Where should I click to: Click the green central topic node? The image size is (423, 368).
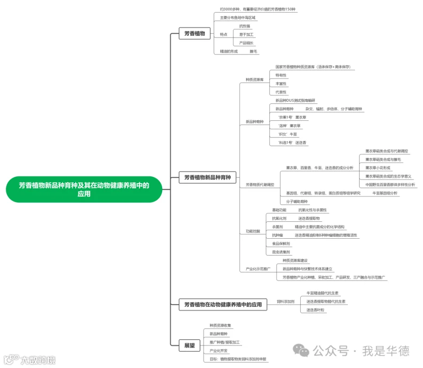point(84,189)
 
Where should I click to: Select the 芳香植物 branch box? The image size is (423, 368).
point(194,34)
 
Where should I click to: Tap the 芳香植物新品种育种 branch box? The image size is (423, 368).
point(207,178)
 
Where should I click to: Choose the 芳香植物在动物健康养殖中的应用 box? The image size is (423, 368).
point(223,305)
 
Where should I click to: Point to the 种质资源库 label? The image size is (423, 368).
point(254,79)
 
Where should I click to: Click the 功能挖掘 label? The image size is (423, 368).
point(252,231)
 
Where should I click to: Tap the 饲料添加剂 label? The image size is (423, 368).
point(285,301)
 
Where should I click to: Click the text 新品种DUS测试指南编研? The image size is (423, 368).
point(296,100)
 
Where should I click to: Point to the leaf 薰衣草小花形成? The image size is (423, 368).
point(377,168)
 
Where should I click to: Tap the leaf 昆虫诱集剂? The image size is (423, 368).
point(281,252)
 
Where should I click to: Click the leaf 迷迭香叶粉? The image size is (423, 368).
point(315,310)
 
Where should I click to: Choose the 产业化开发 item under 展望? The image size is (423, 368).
point(219,351)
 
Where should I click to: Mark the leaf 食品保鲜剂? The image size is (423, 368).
point(281,244)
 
